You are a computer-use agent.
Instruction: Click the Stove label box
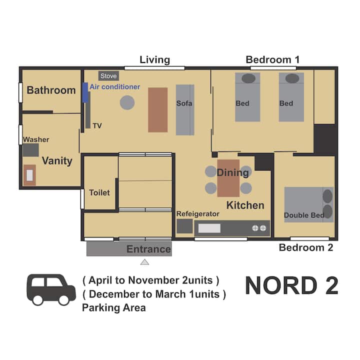click(108, 76)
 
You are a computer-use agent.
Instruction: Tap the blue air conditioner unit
click(85, 92)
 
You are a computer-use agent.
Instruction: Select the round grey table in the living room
click(127, 102)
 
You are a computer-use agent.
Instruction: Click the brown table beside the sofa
click(157, 109)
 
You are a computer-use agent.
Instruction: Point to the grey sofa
click(185, 109)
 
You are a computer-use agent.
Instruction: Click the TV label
click(97, 125)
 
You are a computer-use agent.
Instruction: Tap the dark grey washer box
click(31, 150)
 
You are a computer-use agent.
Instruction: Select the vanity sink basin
click(29, 175)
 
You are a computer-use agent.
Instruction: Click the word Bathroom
click(51, 90)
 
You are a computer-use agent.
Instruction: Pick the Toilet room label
click(99, 192)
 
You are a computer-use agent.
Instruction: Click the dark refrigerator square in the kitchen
click(184, 226)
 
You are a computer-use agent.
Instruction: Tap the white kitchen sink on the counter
click(209, 228)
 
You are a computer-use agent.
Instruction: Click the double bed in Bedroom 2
click(309, 204)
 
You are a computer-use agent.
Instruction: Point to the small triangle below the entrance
click(144, 262)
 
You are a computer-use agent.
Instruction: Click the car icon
click(51, 289)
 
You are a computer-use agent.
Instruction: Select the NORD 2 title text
click(292, 285)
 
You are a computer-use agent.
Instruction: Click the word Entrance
click(148, 249)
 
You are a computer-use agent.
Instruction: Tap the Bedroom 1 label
click(273, 59)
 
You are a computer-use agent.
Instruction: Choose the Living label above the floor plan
click(155, 60)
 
